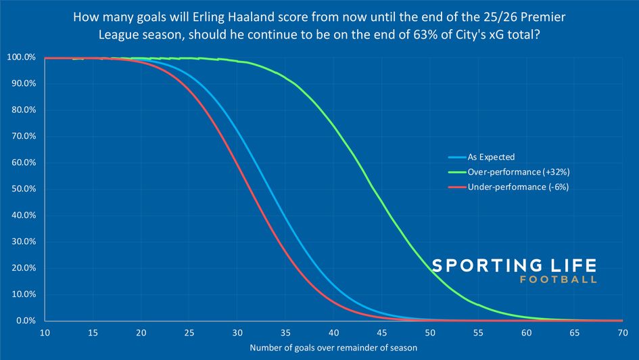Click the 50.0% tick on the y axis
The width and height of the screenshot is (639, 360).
[x=22, y=189]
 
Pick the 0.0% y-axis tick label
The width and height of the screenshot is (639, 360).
[x=24, y=321]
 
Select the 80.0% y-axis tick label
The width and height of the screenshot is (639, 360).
[x=22, y=110]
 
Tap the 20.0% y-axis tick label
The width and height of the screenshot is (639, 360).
[x=22, y=269]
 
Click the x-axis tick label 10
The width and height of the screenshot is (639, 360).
[x=45, y=334]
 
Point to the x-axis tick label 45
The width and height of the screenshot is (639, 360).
[x=382, y=334]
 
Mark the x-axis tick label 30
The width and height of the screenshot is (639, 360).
[x=238, y=334]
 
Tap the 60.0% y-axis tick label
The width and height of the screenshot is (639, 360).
[x=22, y=163]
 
